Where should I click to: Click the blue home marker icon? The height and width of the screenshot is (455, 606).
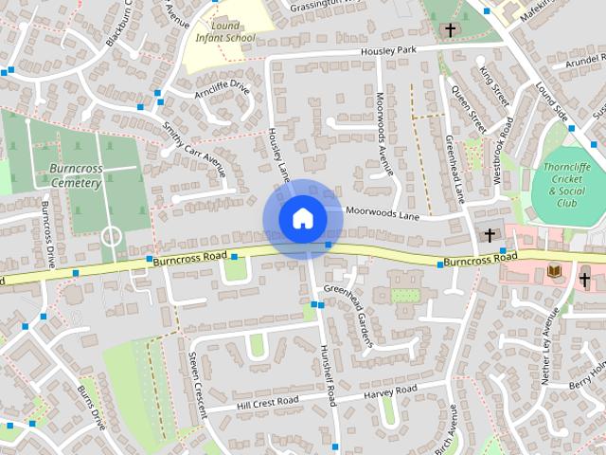point(302,218)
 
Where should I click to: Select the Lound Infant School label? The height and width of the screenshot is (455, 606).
point(225,32)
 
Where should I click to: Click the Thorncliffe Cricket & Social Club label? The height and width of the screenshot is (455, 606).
point(567,184)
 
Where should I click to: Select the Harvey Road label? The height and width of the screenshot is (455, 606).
point(390,391)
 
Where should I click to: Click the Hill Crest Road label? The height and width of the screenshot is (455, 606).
point(268,401)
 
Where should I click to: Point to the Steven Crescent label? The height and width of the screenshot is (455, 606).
point(196,385)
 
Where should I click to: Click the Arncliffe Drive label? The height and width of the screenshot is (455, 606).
point(223,90)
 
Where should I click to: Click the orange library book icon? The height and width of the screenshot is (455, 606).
point(555,272)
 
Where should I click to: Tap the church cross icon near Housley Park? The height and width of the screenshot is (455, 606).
point(450,30)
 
